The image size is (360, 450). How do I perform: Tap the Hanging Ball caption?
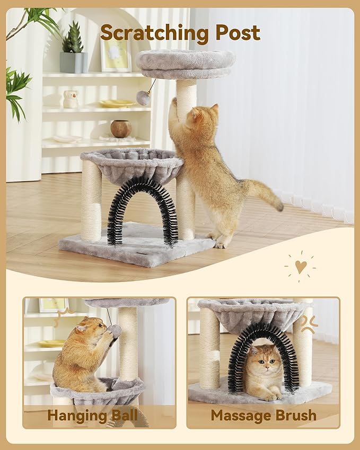92,415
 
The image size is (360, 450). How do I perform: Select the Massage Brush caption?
263,415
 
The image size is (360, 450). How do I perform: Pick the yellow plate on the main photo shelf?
117,104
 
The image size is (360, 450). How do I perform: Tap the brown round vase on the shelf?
120,128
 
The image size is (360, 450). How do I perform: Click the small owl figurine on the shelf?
70,99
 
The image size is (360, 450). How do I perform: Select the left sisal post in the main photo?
91,200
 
